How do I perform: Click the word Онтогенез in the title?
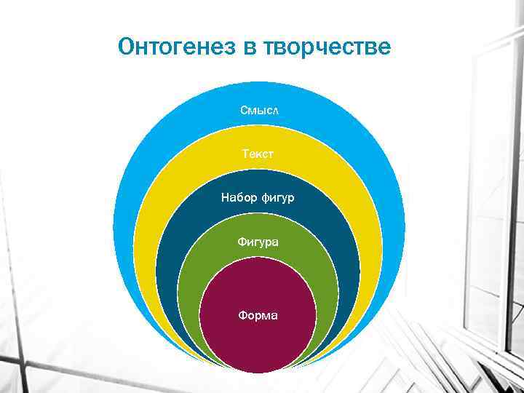coord(173,47)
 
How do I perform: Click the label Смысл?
coord(259,110)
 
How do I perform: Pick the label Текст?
coord(258,154)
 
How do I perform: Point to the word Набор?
coord(237,197)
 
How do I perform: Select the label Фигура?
coord(258,241)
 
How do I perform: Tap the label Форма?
coord(258,316)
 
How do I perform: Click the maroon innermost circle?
coord(258,342)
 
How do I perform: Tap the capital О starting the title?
coord(126,47)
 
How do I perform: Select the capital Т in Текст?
coord(245,154)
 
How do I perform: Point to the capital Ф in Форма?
coord(243,316)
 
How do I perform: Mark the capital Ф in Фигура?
coord(242,241)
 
